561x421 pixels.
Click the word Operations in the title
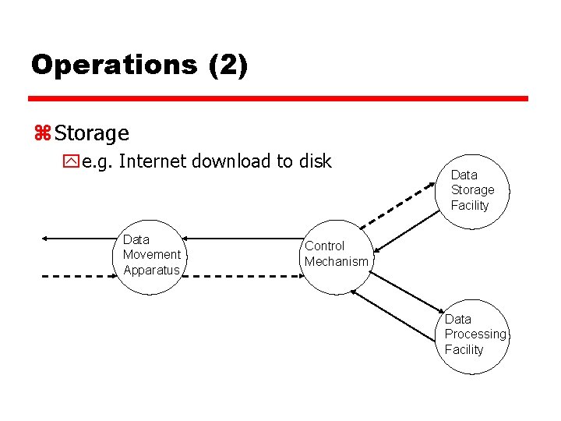point(114,65)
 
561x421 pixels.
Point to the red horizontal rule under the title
point(278,99)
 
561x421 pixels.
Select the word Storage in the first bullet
point(92,134)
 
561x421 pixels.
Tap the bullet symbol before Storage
point(41,134)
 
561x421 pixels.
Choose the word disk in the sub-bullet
point(314,161)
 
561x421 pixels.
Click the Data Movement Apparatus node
point(151,255)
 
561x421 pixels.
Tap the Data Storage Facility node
point(471,190)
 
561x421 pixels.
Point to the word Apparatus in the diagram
point(151,271)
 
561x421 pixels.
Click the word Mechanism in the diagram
point(336,262)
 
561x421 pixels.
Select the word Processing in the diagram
point(475,334)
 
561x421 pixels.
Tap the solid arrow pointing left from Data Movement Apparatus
point(78,236)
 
